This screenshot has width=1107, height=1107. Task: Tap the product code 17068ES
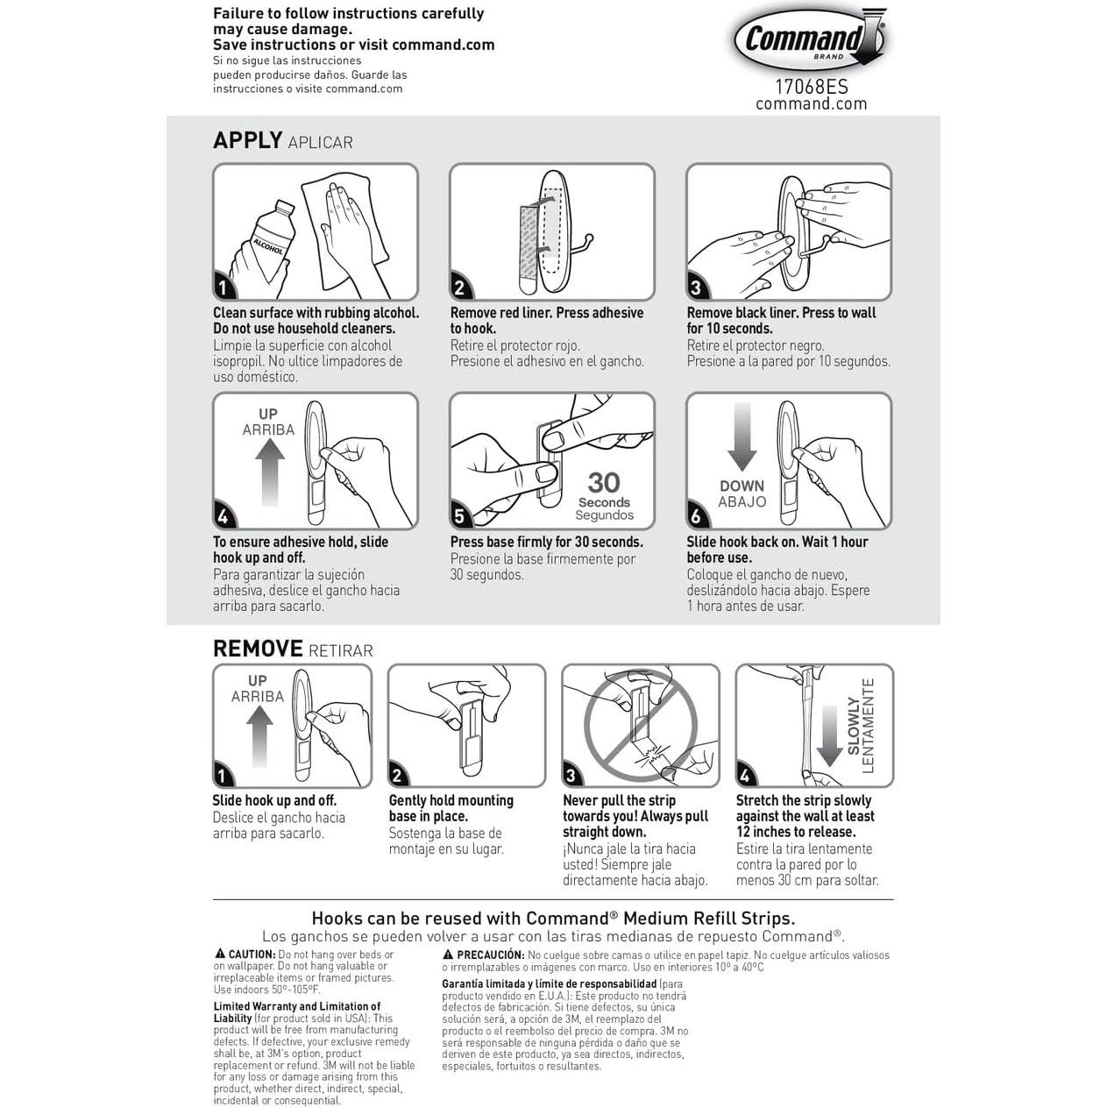[811, 87]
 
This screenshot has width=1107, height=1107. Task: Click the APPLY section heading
[247, 140]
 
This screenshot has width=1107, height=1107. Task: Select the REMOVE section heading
[258, 649]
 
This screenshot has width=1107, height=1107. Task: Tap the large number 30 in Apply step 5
[604, 482]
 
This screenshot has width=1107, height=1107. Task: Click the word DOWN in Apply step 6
[742, 486]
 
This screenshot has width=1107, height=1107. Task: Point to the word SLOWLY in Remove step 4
[855, 725]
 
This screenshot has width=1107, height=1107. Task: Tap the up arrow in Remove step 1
[259, 736]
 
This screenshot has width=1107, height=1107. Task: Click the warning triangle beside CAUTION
[220, 954]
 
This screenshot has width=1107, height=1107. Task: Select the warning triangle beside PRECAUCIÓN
[448, 954]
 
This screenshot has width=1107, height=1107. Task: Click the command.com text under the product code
[811, 103]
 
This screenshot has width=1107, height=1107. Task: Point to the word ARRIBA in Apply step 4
[268, 429]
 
